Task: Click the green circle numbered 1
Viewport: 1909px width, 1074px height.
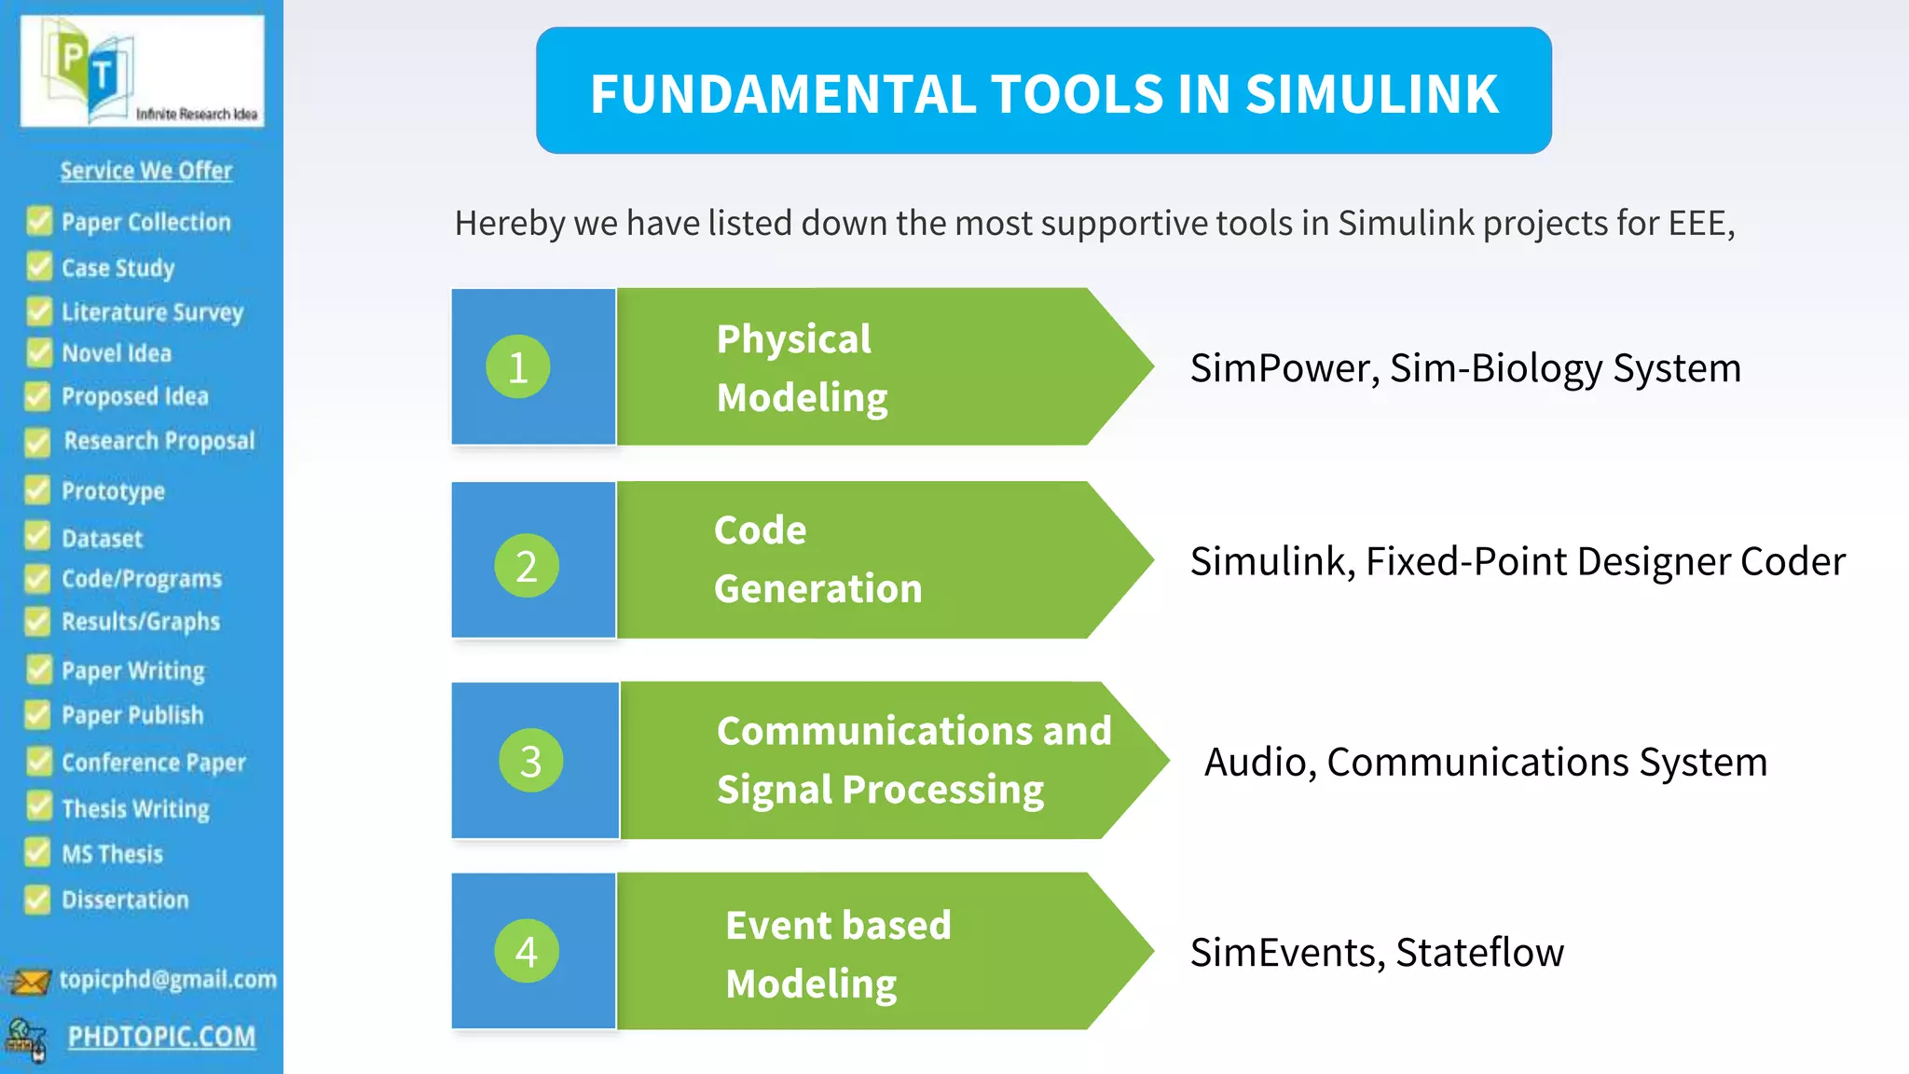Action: (x=518, y=366)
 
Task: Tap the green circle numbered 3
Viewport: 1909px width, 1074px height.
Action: (x=530, y=761)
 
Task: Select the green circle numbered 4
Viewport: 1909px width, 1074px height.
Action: (x=527, y=951)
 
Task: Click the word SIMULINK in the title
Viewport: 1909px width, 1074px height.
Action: (x=1371, y=94)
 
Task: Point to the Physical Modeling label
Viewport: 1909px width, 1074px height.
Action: (x=802, y=367)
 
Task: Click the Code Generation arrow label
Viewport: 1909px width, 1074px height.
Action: (x=817, y=559)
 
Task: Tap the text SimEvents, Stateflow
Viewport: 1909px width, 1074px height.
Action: (x=1377, y=952)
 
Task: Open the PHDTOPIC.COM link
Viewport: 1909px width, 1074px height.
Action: (x=161, y=1037)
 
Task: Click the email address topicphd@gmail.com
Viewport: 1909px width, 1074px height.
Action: (x=168, y=979)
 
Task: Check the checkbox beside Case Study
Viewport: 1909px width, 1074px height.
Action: (x=39, y=267)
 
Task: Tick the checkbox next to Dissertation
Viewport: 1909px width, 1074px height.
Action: (x=37, y=900)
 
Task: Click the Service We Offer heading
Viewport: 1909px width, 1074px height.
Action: (x=146, y=171)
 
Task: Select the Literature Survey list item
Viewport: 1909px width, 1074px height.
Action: (x=152, y=311)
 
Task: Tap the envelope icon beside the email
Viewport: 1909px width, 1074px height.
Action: (x=29, y=981)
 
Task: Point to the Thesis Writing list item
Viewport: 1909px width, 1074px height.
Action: (x=135, y=808)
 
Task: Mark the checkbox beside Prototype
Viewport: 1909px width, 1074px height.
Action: (x=37, y=490)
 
